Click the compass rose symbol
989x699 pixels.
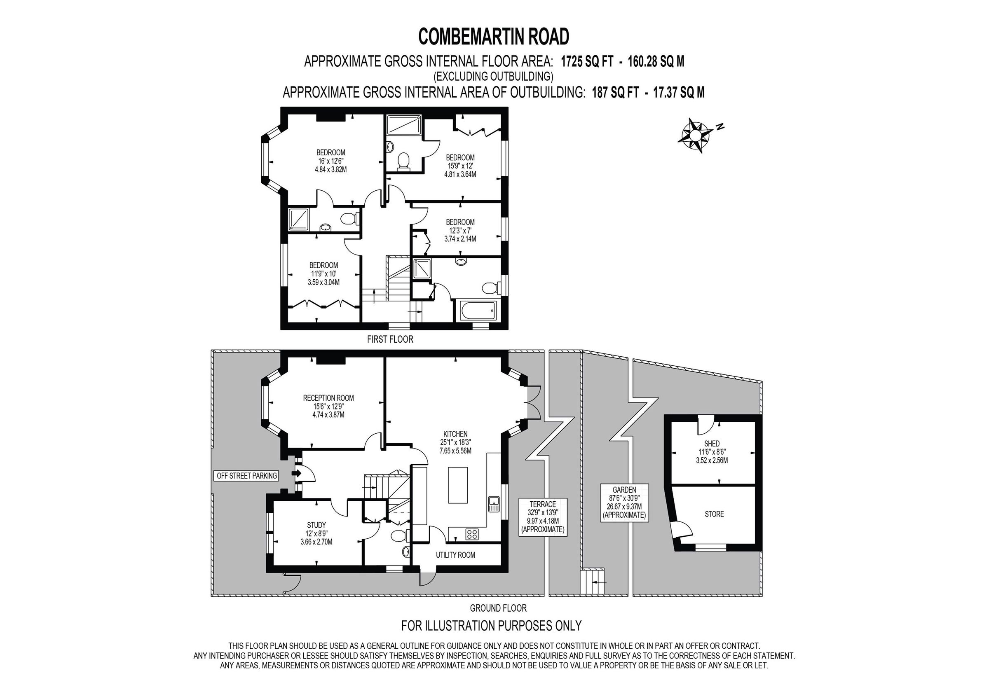[694, 135]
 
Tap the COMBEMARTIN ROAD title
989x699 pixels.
[494, 37]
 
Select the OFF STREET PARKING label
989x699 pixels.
[247, 476]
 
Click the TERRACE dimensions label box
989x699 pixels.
[543, 517]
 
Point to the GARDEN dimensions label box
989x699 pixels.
[624, 503]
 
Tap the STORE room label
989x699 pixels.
[714, 514]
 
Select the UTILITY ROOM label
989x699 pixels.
[455, 555]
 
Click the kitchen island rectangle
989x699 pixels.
[457, 485]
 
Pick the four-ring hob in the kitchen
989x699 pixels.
[472, 535]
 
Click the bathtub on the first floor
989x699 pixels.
[478, 311]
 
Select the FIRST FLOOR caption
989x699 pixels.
[390, 339]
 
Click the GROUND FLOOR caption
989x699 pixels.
[498, 608]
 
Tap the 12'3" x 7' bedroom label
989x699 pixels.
[460, 230]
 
